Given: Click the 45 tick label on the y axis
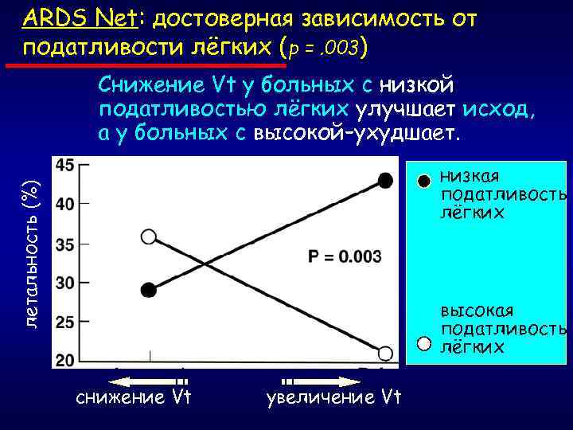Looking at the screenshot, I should coord(65,166).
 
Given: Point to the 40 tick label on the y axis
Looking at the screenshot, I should coord(65,204).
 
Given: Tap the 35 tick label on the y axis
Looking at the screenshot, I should coord(65,244).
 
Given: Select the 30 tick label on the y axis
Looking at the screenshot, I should coord(65,283).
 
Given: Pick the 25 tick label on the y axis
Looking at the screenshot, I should coord(65,322).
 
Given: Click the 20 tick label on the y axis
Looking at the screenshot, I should coord(65,360).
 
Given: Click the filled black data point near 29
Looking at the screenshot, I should coord(148,290).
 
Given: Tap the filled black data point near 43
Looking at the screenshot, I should coord(386,180).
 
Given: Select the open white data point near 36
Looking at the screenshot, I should coord(149,236).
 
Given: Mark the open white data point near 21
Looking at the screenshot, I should coord(386,353).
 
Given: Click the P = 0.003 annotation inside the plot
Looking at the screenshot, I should coord(344,257).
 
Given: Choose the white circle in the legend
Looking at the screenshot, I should coord(424,343).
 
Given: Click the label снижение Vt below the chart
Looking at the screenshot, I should coord(134,397).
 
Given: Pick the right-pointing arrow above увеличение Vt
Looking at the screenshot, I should coord(319,381).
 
